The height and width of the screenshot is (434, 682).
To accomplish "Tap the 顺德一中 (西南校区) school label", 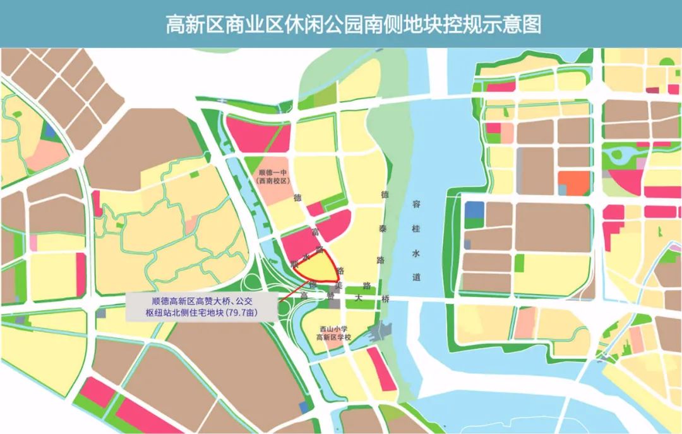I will click(273, 176).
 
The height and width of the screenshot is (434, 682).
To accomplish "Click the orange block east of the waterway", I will click(573, 183).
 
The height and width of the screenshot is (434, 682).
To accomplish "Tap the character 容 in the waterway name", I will click(416, 204).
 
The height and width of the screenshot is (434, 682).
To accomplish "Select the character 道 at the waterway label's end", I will click(416, 277).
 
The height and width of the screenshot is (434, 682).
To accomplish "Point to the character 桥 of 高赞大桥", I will click(386, 300).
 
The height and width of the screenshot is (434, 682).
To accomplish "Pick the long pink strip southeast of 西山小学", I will click(381, 370).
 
